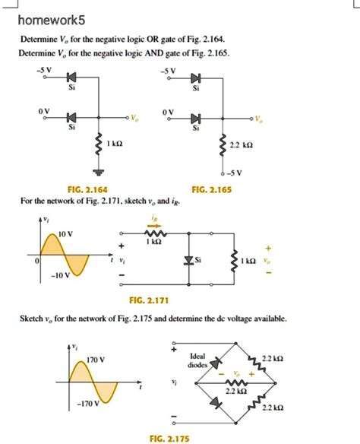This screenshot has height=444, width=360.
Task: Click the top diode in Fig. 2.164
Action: point(72,78)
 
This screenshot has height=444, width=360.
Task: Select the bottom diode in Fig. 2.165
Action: point(195,118)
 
